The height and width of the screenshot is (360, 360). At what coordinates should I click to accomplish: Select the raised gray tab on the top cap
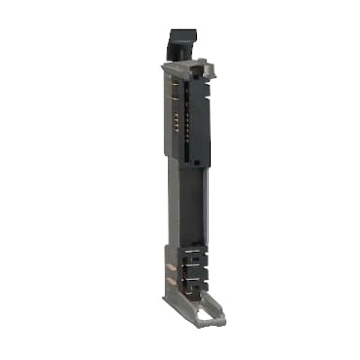pos(201,66)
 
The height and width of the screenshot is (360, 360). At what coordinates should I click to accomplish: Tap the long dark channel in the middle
pos(190,205)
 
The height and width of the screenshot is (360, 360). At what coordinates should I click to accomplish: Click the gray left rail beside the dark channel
pos(174,205)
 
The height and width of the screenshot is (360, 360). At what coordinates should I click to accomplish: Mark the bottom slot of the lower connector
pos(192,286)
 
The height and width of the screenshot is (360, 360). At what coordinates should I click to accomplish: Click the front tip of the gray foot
pos(200,323)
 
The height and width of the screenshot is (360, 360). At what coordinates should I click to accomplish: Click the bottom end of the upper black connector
pos(192,158)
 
